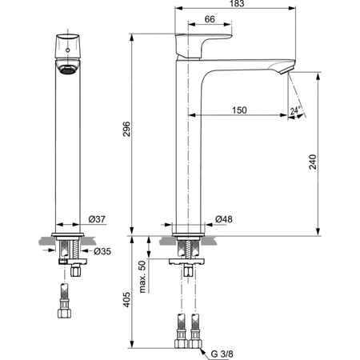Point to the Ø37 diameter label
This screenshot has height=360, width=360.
pos(98,220)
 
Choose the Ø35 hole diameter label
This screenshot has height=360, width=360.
pos(102,250)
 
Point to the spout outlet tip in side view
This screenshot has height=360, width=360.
pos(286,72)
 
